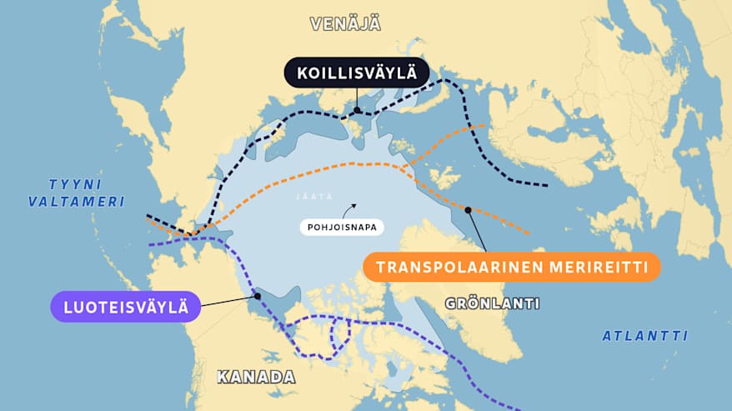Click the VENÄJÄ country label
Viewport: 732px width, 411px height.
[345, 23]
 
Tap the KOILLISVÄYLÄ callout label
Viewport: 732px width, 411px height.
[356, 73]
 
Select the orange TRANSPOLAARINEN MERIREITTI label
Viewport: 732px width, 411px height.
[511, 268]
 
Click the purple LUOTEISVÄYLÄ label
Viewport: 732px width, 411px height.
[126, 306]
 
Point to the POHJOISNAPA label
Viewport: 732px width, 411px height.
[340, 226]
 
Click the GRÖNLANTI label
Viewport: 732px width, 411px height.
[492, 303]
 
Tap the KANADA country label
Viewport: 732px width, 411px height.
[256, 377]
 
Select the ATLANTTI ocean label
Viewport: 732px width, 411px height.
[645, 336]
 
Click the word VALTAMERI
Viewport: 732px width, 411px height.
[76, 202]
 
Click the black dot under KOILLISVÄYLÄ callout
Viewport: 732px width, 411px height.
[357, 110]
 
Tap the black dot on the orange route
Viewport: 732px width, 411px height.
[468, 210]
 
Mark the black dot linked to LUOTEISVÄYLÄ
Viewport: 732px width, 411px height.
[258, 294]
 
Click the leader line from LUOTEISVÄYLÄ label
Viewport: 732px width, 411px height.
[228, 300]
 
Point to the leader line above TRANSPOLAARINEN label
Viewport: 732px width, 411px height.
[477, 231]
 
